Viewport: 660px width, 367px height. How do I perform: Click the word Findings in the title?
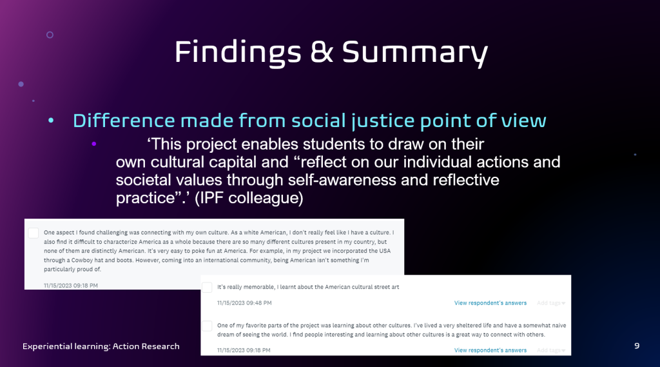click(238, 52)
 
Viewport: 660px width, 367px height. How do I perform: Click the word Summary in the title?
click(414, 52)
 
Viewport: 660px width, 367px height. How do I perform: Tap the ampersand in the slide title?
click(321, 52)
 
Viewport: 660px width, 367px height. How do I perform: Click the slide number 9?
click(637, 346)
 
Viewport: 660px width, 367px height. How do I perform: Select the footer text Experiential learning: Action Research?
click(101, 346)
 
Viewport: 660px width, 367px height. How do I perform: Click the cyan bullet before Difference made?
click(51, 121)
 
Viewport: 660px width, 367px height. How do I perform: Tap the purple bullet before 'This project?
click(94, 144)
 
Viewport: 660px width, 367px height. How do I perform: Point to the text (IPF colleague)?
click(249, 197)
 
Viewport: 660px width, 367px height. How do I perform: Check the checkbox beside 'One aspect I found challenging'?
click(34, 233)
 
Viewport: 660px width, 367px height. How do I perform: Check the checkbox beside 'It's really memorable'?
click(207, 288)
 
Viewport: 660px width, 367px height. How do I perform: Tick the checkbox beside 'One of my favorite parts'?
click(207, 326)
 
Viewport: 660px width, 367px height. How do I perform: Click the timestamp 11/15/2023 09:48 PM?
click(244, 303)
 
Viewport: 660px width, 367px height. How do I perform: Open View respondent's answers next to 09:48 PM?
click(490, 303)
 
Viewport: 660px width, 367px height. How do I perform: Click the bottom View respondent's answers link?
click(490, 350)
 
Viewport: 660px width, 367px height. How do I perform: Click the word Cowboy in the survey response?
click(82, 261)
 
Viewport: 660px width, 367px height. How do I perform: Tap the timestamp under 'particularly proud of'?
click(71, 286)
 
